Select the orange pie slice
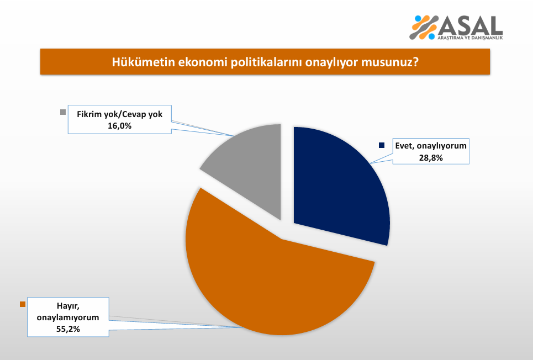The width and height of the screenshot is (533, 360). (272, 279)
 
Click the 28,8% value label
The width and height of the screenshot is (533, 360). (431, 158)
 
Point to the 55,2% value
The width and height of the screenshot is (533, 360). (68, 329)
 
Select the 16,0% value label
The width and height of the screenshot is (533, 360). (120, 126)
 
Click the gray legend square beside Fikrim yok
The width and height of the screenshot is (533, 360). (63, 112)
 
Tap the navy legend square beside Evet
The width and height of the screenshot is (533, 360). (382, 145)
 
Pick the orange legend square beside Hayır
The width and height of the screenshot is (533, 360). (23, 304)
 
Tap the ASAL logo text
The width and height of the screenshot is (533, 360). (471, 25)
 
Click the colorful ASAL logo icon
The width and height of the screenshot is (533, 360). (424, 27)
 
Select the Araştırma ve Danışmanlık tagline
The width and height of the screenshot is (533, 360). (470, 38)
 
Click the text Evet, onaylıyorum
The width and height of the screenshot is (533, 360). (431, 146)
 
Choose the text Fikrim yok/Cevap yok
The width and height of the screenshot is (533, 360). (120, 114)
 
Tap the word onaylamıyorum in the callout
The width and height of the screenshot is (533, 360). (68, 317)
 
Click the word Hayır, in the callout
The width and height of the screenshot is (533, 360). (68, 306)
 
